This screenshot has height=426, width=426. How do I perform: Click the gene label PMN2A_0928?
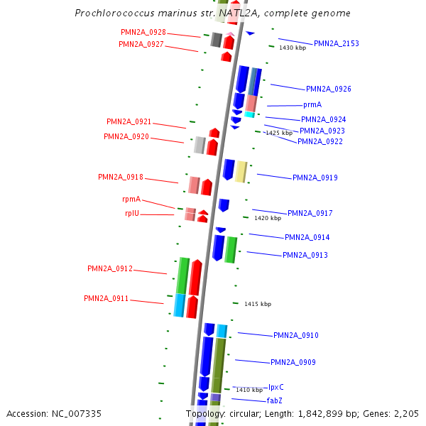[x=143, y=33]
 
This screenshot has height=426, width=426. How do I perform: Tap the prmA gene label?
[x=312, y=105]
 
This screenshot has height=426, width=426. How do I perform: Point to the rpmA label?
[x=131, y=200]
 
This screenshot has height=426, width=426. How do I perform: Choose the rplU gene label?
[x=132, y=213]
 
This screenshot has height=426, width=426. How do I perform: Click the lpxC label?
[x=276, y=388]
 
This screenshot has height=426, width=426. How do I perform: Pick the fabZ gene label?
[x=275, y=401]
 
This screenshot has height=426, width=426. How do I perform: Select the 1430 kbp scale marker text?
[x=293, y=48]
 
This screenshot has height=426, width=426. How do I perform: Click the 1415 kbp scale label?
[x=258, y=305]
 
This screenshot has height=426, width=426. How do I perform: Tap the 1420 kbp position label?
[x=268, y=219]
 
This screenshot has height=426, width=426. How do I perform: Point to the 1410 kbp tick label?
[x=249, y=390]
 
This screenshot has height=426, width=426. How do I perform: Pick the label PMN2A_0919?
[x=315, y=178]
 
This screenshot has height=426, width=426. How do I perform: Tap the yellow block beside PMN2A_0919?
[x=241, y=171]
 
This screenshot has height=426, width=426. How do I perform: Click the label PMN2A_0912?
[x=110, y=269]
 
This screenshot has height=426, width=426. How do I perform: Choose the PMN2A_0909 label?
[x=293, y=363]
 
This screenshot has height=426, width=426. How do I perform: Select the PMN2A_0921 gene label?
[x=129, y=122]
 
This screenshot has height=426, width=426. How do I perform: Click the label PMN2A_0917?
[x=310, y=214]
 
